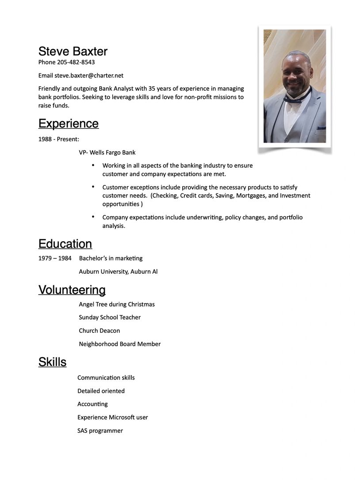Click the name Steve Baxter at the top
pyautogui.click(x=73, y=51)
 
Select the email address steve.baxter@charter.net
pyautogui.click(x=89, y=76)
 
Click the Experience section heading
pyautogui.click(x=68, y=123)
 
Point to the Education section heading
pyautogui.click(x=65, y=244)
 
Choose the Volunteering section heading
pyautogui.click(x=72, y=290)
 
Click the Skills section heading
pyautogui.click(x=52, y=362)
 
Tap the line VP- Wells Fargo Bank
pyautogui.click(x=107, y=153)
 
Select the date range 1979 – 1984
pyautogui.click(x=55, y=258)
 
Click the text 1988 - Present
pyautogui.click(x=58, y=139)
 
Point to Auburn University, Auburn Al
pyautogui.click(x=118, y=272)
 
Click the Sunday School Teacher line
pyautogui.click(x=110, y=318)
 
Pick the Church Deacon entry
pyautogui.click(x=99, y=331)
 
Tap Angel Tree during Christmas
pyautogui.click(x=117, y=304)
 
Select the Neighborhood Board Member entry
pyautogui.click(x=119, y=344)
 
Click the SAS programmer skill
pyautogui.click(x=100, y=431)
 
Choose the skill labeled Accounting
pyautogui.click(x=92, y=404)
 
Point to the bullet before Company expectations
pyautogui.click(x=93, y=217)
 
